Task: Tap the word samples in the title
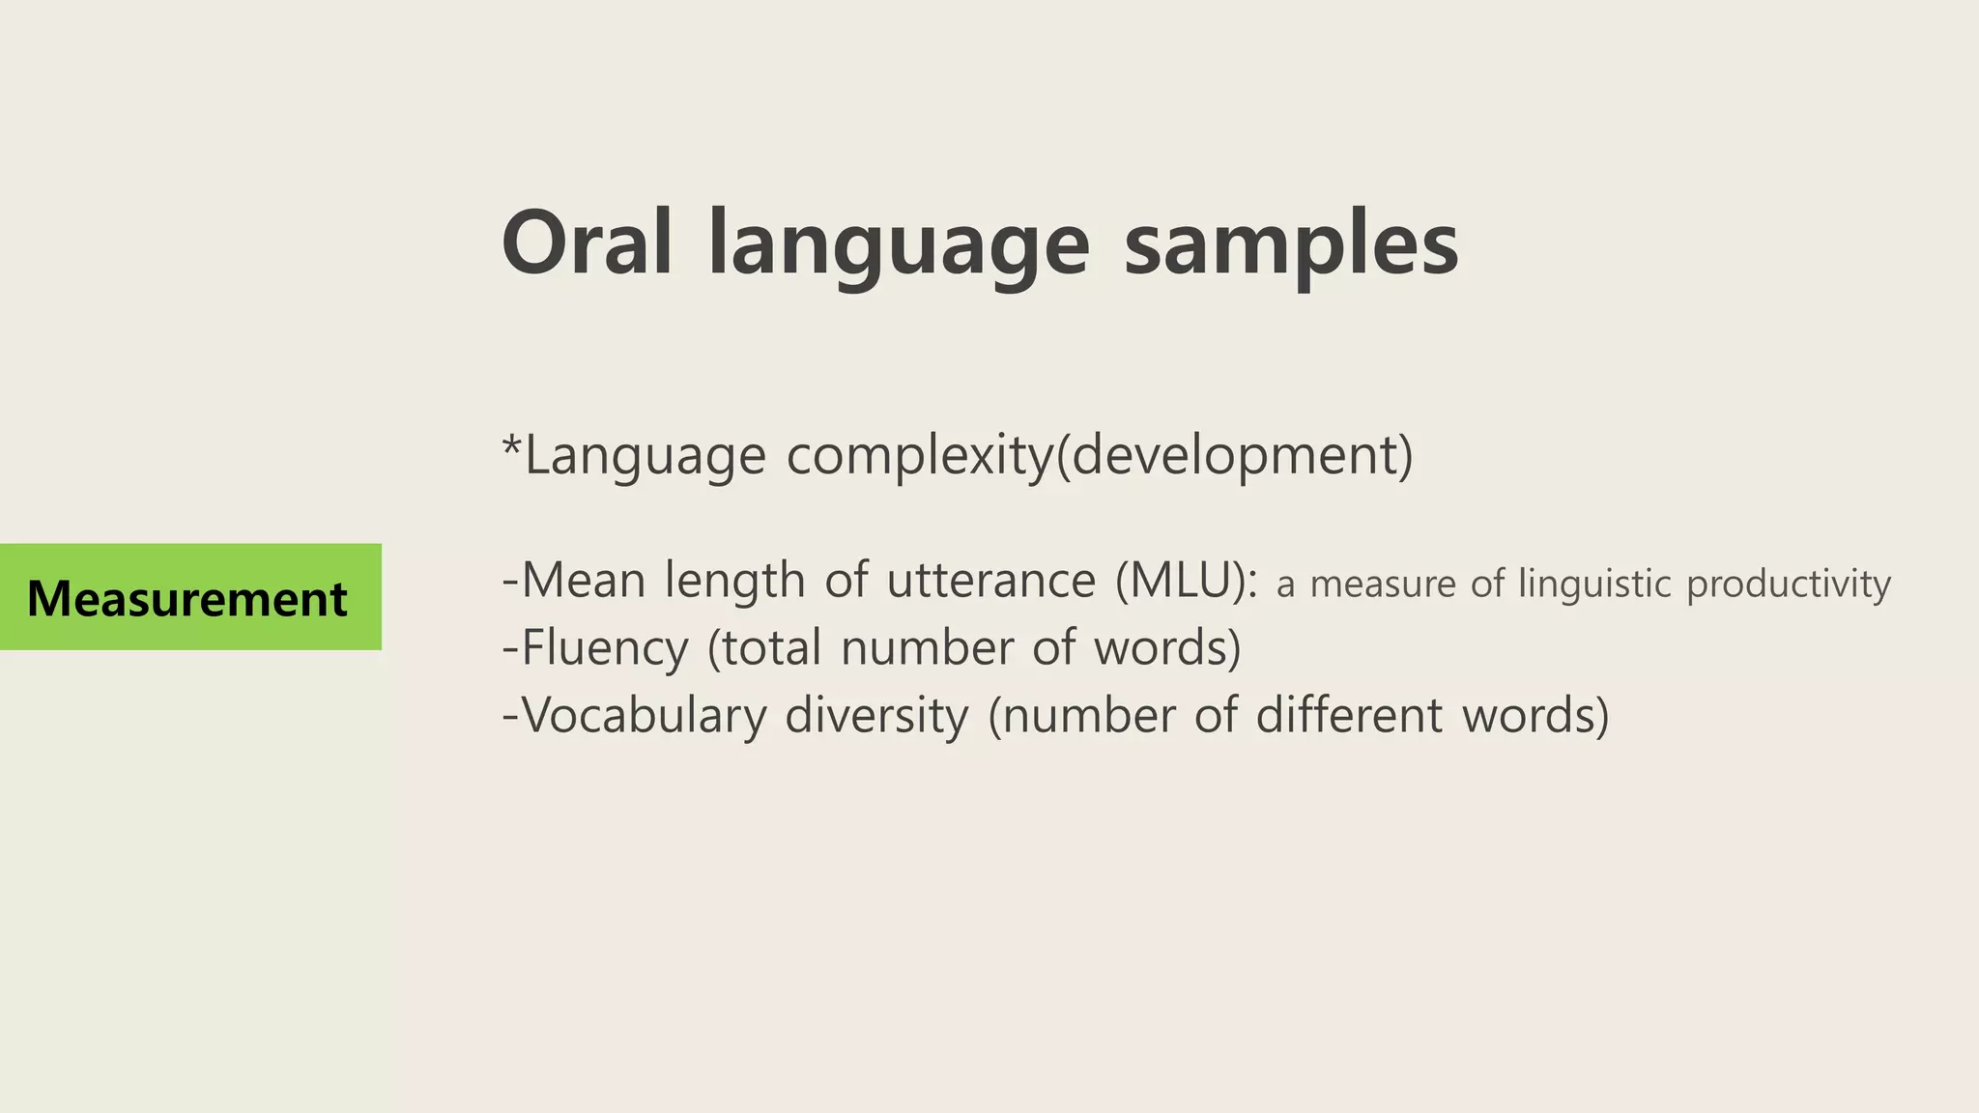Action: (1291, 246)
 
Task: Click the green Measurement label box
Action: (189, 597)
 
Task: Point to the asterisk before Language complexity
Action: (512, 447)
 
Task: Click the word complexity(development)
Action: (1100, 455)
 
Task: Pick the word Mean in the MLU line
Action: (583, 581)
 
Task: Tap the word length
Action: (734, 581)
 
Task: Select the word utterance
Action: (991, 581)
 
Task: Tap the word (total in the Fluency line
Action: (764, 648)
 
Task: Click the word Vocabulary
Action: (644, 717)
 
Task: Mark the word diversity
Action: (876, 717)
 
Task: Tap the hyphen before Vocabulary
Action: (510, 717)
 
